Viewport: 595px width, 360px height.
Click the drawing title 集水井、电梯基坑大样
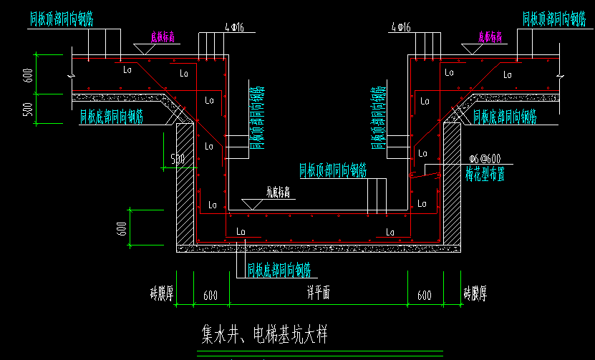coord(264,334)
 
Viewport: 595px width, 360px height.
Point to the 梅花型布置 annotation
coord(485,172)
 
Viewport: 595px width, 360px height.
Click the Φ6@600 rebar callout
coord(485,159)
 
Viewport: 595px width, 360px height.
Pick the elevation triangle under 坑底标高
coord(253,203)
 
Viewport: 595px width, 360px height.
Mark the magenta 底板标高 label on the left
coord(163,35)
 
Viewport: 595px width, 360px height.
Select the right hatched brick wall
coord(452,183)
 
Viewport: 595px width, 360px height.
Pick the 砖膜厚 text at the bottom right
coord(475,293)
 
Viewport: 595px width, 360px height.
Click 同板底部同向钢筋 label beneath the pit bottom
coord(279,270)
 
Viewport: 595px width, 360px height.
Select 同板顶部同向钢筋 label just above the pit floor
coord(334,170)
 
